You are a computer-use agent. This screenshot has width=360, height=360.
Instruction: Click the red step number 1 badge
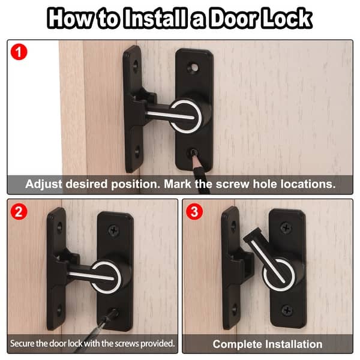20,52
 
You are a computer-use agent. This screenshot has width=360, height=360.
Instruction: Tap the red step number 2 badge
20,212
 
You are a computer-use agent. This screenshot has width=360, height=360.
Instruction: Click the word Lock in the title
287,18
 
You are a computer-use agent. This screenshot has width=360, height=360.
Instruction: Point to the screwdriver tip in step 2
110,312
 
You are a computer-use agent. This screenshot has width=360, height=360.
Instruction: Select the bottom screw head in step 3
287,310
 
